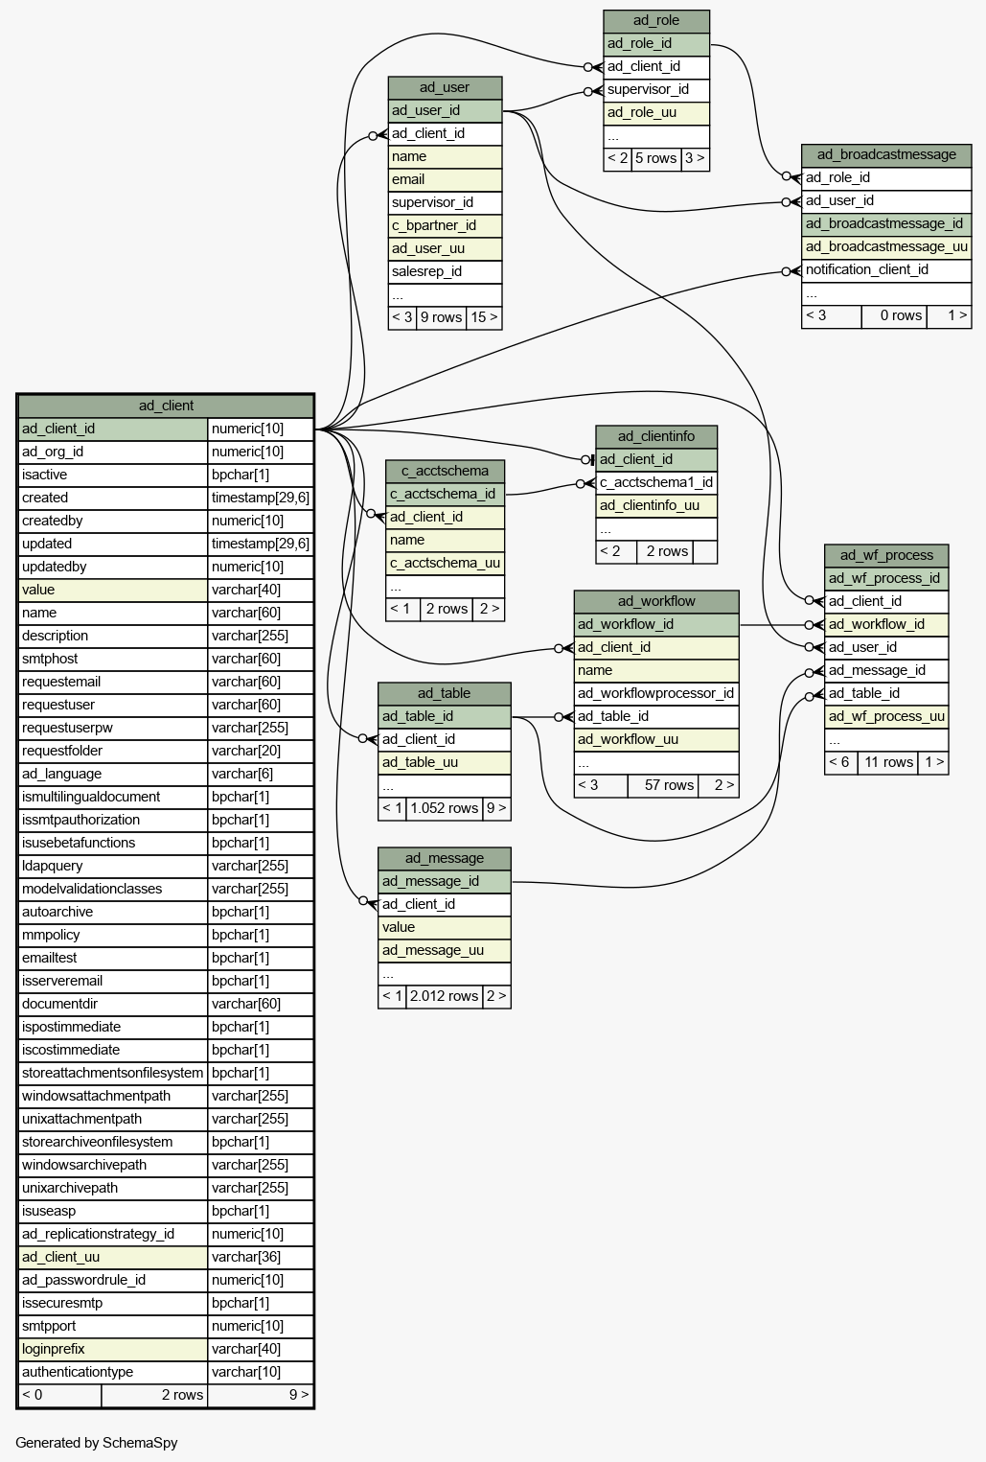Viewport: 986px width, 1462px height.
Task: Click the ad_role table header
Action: click(x=655, y=21)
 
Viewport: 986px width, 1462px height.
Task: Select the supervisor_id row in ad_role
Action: click(x=655, y=90)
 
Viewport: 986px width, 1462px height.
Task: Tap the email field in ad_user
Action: click(x=445, y=180)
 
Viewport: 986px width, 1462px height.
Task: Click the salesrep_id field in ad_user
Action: click(x=445, y=272)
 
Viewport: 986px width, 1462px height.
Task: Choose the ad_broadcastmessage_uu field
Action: click(x=885, y=247)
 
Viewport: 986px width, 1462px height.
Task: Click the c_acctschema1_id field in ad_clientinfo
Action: click(x=655, y=483)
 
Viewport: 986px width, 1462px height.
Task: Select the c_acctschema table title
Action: click(x=445, y=472)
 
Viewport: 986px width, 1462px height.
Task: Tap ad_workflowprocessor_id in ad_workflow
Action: click(x=655, y=694)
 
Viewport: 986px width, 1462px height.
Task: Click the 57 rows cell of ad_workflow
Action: click(x=663, y=785)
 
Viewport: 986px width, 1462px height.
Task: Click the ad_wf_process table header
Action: click(x=885, y=555)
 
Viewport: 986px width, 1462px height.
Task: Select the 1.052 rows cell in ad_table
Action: click(x=444, y=809)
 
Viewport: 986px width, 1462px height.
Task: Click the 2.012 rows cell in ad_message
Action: click(x=444, y=997)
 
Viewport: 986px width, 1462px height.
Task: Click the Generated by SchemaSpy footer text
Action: click(x=97, y=1443)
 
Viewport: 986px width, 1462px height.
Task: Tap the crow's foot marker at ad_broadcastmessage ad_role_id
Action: click(x=794, y=177)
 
